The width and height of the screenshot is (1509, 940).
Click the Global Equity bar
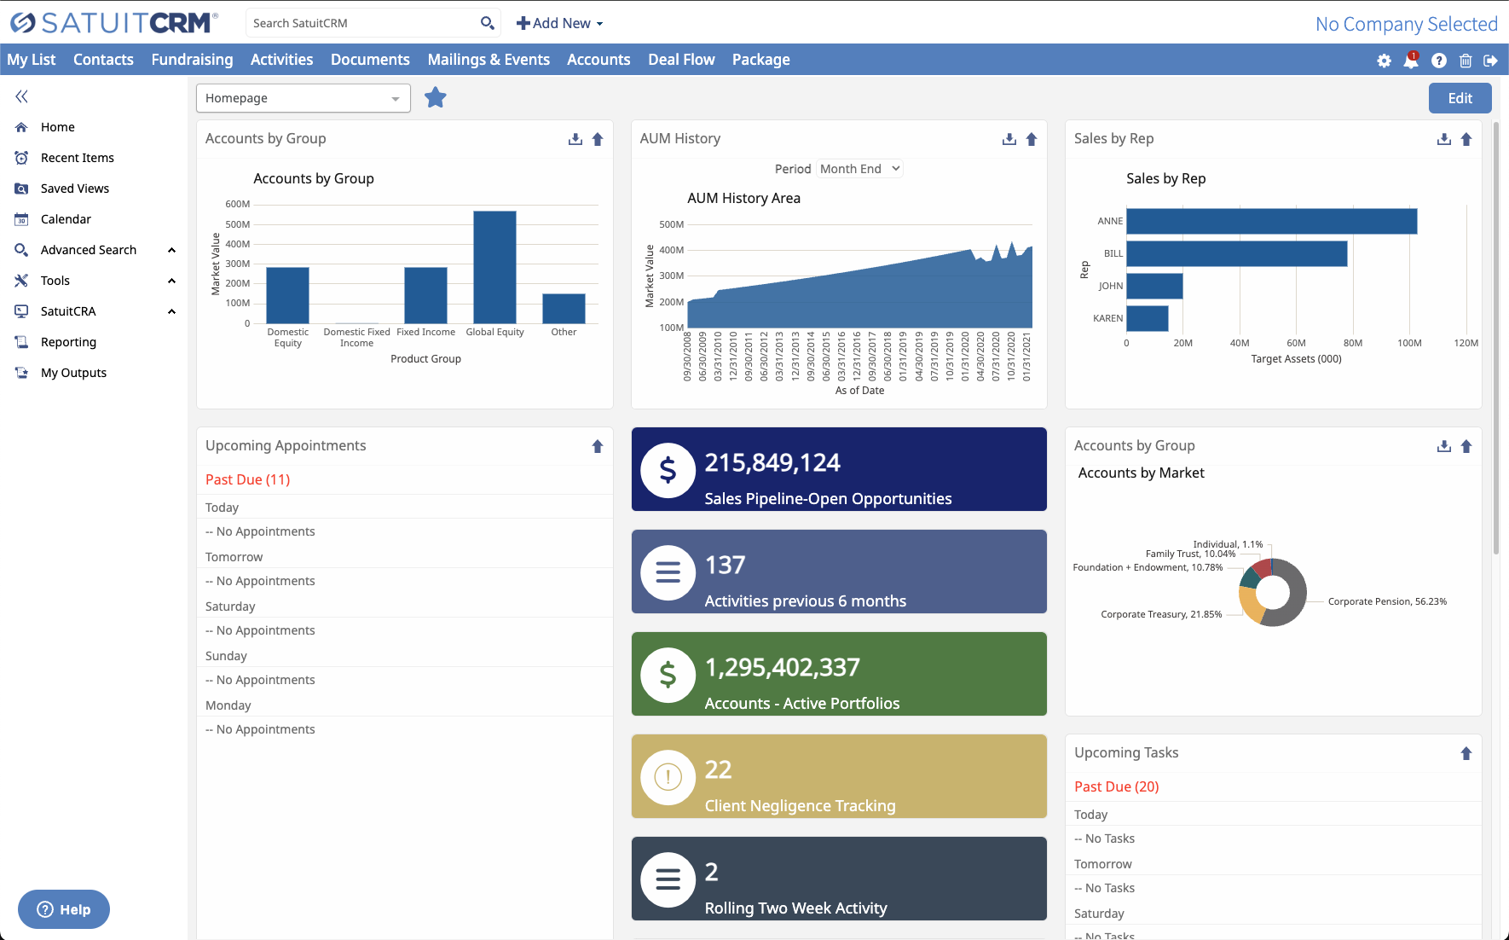click(x=494, y=267)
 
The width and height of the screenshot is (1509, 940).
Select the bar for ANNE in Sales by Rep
click(x=1271, y=221)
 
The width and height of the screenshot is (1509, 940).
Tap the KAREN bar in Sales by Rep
click(x=1147, y=318)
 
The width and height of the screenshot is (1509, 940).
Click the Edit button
click(x=1460, y=98)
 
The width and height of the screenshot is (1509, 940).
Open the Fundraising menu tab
click(x=192, y=60)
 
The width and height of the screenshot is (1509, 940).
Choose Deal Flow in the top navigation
click(x=680, y=60)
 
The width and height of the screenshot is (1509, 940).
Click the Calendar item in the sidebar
click(x=66, y=219)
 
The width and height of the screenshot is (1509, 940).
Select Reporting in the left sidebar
click(x=68, y=342)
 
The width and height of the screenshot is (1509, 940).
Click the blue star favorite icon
click(x=436, y=98)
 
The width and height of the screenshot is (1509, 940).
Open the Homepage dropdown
click(x=303, y=98)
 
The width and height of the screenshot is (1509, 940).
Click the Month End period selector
click(x=859, y=169)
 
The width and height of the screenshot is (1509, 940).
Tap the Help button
click(x=64, y=909)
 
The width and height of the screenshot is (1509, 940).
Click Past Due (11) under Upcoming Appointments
click(x=247, y=479)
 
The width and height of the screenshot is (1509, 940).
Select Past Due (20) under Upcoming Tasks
click(x=1116, y=786)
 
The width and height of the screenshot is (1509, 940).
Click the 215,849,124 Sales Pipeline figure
click(x=772, y=463)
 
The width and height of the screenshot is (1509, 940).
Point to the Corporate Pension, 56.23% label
click(x=1386, y=601)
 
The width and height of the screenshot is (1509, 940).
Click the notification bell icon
click(x=1411, y=61)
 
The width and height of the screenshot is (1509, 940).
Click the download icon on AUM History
click(x=1009, y=139)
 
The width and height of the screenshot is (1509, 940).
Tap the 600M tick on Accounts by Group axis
click(x=237, y=204)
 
